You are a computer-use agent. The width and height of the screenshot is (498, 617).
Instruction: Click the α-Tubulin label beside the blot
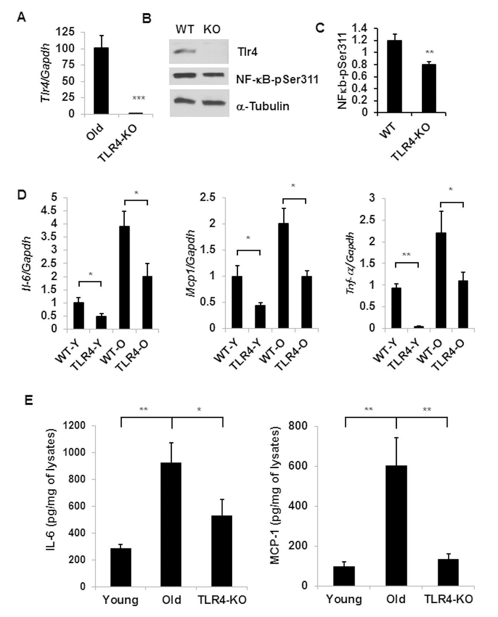pyautogui.click(x=263, y=106)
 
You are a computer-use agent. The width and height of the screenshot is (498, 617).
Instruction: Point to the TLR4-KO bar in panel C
pyautogui.click(x=429, y=89)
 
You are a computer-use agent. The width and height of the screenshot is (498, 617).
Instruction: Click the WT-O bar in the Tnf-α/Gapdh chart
pyautogui.click(x=440, y=280)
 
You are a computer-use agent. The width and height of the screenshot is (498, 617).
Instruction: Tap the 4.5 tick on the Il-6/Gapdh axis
pyautogui.click(x=54, y=210)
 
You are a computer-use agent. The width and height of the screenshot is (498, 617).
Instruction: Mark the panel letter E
pyautogui.click(x=28, y=400)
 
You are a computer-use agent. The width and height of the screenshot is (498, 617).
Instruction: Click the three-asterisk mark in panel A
pyautogui.click(x=139, y=98)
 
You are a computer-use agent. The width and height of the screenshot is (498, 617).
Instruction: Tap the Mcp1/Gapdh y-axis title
pyautogui.click(x=191, y=264)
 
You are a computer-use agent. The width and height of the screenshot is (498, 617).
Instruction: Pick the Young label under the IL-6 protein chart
pyautogui.click(x=120, y=600)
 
